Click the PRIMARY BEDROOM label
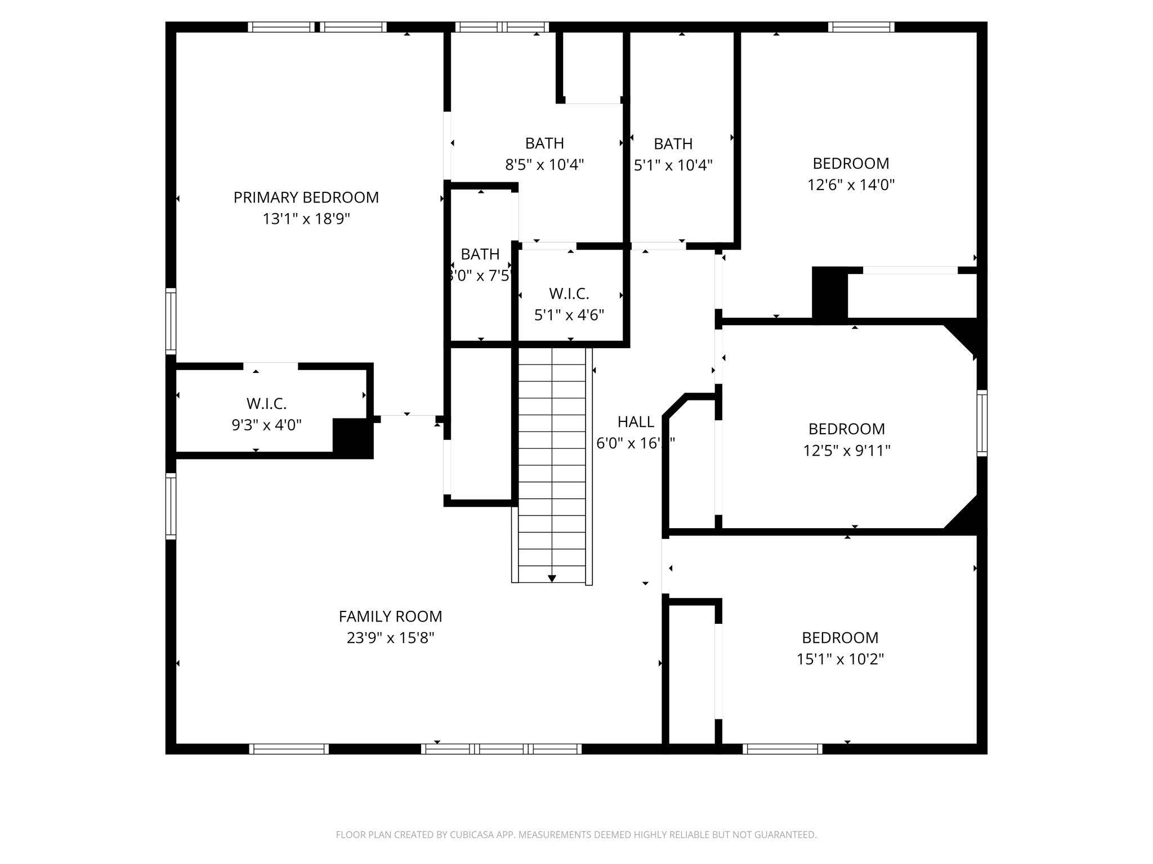click(x=306, y=197)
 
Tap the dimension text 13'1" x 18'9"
click(x=306, y=219)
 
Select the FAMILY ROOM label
click(x=390, y=616)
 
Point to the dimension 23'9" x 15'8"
click(x=390, y=638)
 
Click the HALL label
click(x=636, y=422)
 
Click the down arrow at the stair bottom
click(x=552, y=578)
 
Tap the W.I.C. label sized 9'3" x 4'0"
click(x=266, y=403)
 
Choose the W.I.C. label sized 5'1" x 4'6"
click(x=569, y=294)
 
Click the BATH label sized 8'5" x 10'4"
click(x=544, y=143)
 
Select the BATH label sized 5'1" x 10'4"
click(x=673, y=144)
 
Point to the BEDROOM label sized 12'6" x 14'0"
click(x=851, y=164)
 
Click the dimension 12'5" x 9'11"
click(x=846, y=451)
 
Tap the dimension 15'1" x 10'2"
click(x=840, y=659)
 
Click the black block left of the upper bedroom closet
click(x=829, y=294)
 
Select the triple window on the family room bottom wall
click(x=501, y=749)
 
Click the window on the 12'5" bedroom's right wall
click(x=981, y=423)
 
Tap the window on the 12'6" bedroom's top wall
click(x=861, y=27)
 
